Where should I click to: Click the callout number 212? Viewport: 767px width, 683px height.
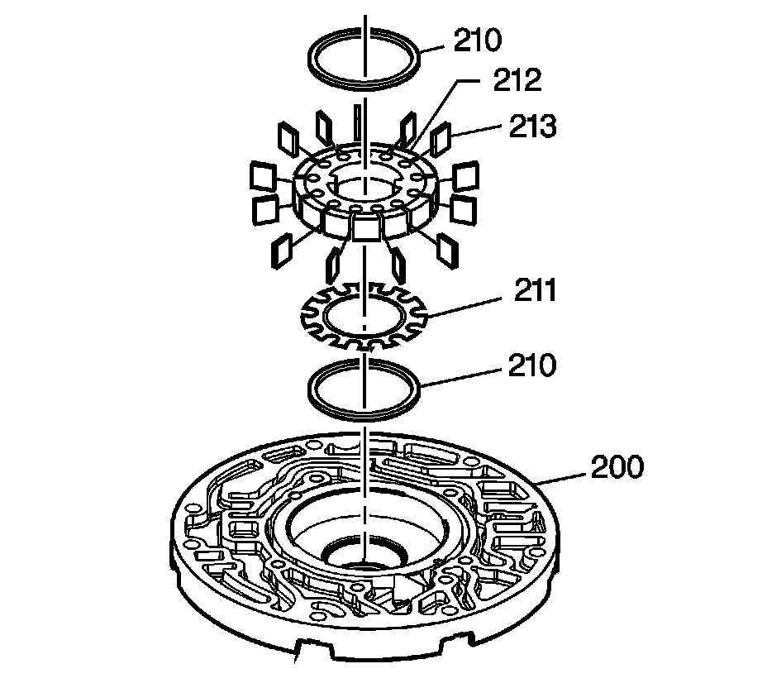click(517, 80)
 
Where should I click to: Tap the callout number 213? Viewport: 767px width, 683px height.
click(534, 127)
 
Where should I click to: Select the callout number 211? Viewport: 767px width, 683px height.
click(532, 291)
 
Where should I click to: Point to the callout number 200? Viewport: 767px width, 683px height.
click(617, 468)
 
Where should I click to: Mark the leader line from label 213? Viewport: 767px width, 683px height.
click(479, 131)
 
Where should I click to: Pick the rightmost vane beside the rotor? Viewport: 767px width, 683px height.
click(465, 176)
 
